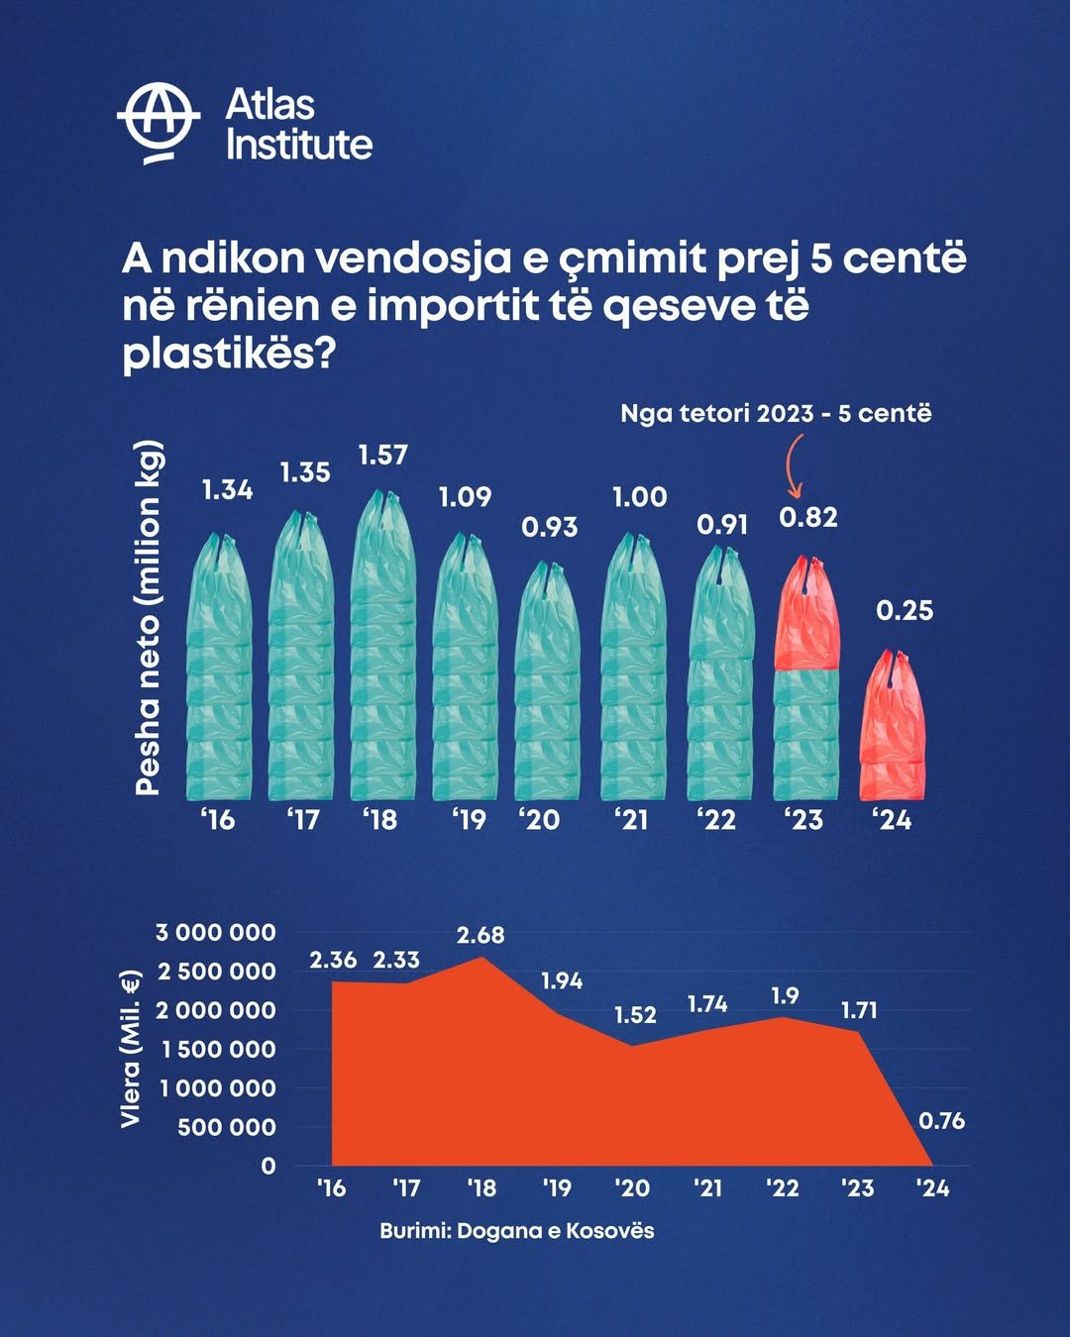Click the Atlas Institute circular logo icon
pyautogui.click(x=159, y=123)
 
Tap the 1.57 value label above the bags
pyautogui.click(x=382, y=455)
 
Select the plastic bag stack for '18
pyautogui.click(x=382, y=649)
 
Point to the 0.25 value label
pyautogui.click(x=905, y=610)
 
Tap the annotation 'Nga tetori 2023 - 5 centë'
pyautogui.click(x=776, y=413)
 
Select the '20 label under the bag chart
pyautogui.click(x=539, y=819)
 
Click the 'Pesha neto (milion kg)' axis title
pyautogui.click(x=149, y=616)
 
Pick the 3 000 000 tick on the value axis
pyautogui.click(x=216, y=932)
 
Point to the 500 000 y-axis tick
pyautogui.click(x=227, y=1127)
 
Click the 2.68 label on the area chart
pyautogui.click(x=481, y=934)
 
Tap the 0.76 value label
pyautogui.click(x=941, y=1120)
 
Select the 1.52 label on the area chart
pyautogui.click(x=635, y=1014)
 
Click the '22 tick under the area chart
pyautogui.click(x=782, y=1187)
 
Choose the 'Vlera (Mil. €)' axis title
pyautogui.click(x=130, y=1049)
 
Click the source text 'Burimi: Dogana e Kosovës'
pyautogui.click(x=516, y=1231)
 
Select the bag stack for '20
pyautogui.click(x=548, y=683)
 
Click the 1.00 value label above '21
pyautogui.click(x=639, y=496)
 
